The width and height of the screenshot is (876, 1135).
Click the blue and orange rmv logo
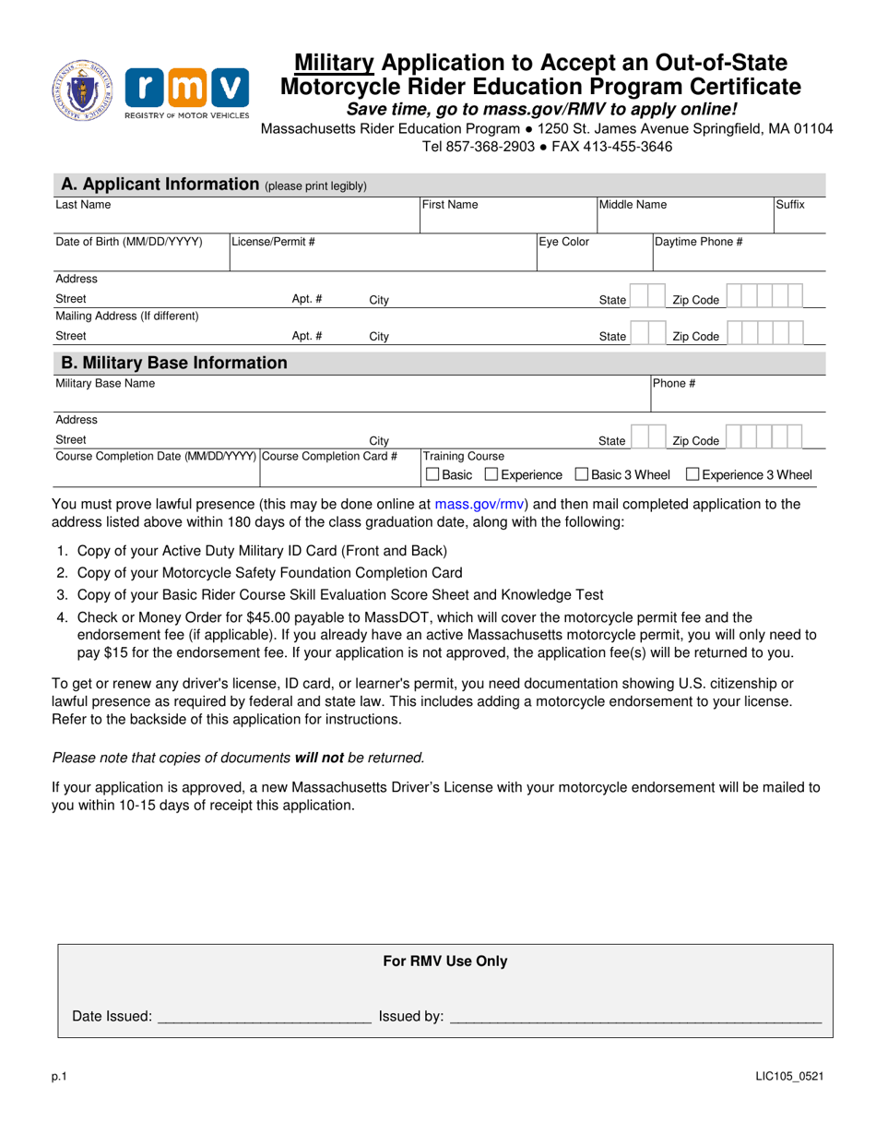click(x=186, y=90)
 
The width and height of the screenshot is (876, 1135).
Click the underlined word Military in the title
click(x=334, y=63)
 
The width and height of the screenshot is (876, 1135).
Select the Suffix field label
click(x=789, y=204)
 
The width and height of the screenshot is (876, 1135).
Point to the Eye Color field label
click(x=564, y=243)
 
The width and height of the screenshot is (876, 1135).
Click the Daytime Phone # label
click(x=699, y=243)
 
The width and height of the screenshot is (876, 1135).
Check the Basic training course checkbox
click(x=432, y=475)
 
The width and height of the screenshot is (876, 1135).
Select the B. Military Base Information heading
click(x=172, y=363)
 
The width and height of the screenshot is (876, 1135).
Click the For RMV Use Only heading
click(x=445, y=962)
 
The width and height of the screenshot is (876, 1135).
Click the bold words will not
click(x=319, y=758)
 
